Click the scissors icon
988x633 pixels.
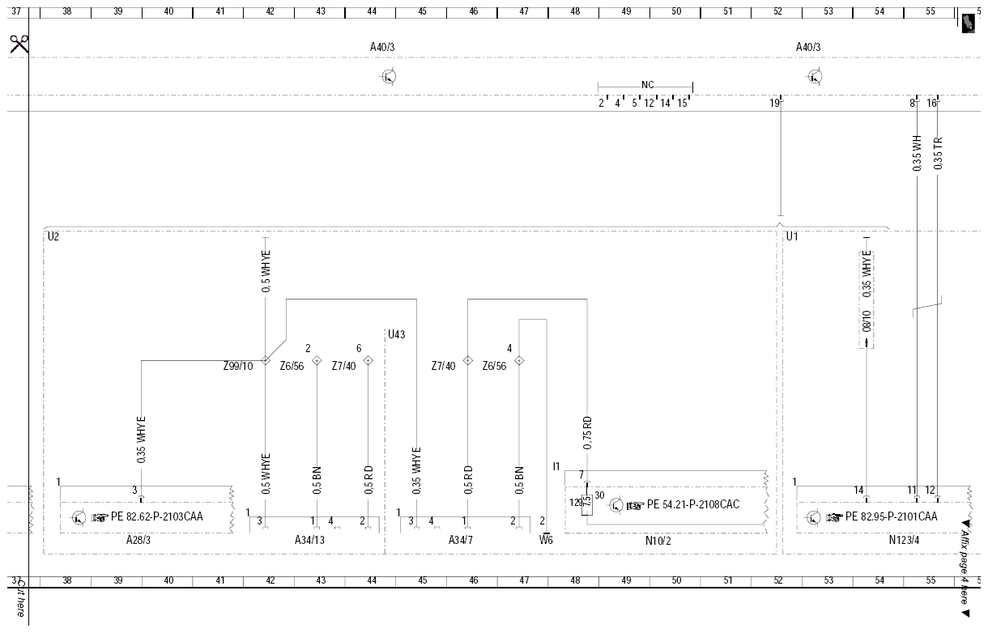click(19, 44)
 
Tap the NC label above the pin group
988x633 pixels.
click(648, 85)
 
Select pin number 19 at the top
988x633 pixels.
click(775, 103)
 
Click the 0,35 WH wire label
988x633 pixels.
click(917, 154)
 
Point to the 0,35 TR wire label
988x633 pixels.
click(938, 154)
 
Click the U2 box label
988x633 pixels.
click(53, 236)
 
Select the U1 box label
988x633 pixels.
click(792, 236)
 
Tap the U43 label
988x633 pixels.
click(397, 334)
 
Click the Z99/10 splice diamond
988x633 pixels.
click(266, 360)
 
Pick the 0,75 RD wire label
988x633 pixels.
click(587, 433)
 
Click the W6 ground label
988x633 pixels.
click(546, 540)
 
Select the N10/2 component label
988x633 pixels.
click(658, 541)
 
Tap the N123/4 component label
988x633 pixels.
click(904, 540)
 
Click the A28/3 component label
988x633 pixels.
click(138, 540)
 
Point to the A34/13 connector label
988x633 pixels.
click(309, 540)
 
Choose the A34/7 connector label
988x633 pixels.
click(461, 540)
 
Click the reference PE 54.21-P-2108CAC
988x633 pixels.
click(693, 504)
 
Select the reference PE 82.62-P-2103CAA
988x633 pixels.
click(156, 516)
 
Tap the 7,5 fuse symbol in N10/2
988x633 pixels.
click(587, 504)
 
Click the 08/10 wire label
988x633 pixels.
click(867, 321)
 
